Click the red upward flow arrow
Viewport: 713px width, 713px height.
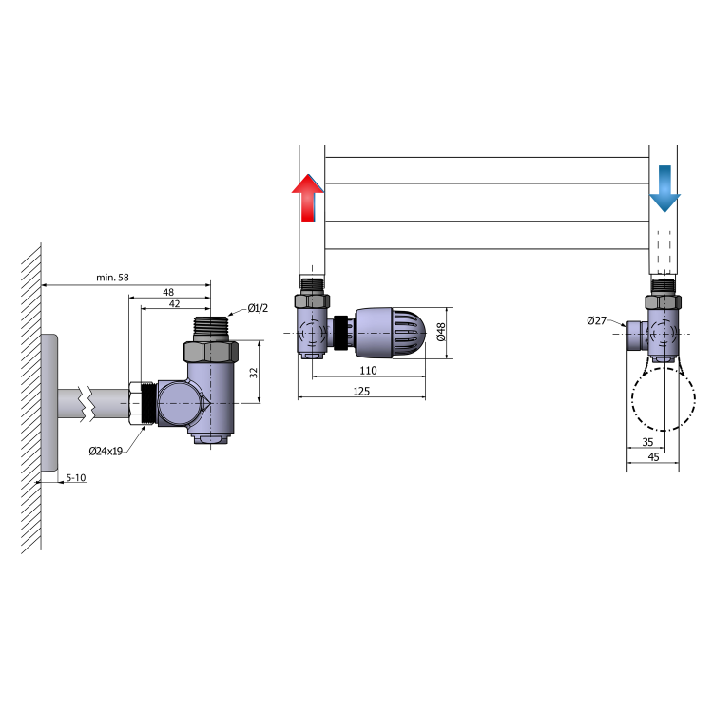point(308,198)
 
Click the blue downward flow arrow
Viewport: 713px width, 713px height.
point(665,189)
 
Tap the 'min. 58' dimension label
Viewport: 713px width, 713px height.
point(112,278)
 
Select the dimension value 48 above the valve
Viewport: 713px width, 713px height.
point(168,292)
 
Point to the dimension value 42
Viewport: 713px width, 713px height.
point(174,304)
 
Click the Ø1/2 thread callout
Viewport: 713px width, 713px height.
point(258,308)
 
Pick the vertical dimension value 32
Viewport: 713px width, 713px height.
point(254,373)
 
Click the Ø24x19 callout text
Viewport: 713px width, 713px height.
point(106,451)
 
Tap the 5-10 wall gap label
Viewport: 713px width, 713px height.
point(76,478)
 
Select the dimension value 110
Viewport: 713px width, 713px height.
point(368,371)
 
